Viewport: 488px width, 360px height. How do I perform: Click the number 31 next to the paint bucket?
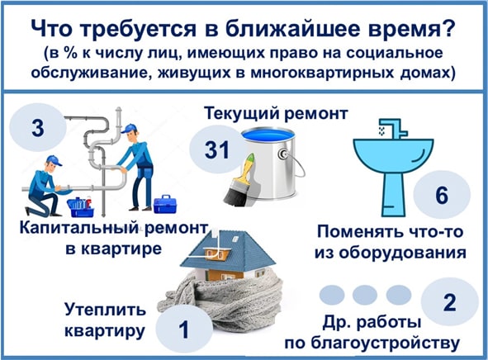pyautogui.click(x=217, y=149)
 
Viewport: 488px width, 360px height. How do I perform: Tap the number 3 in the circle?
pyautogui.click(x=38, y=128)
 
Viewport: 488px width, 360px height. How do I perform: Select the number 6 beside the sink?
pyautogui.click(x=442, y=195)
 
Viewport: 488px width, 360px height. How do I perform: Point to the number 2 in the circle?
pyautogui.click(x=450, y=302)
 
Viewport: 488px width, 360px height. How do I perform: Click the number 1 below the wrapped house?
pyautogui.click(x=184, y=329)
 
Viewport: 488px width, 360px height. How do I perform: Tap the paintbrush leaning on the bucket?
pyautogui.click(x=240, y=181)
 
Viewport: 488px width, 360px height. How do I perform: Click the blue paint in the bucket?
pyautogui.click(x=268, y=136)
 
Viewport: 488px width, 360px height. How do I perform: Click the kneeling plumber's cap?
pyautogui.click(x=54, y=160)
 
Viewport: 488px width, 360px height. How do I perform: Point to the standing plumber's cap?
pyautogui.click(x=129, y=128)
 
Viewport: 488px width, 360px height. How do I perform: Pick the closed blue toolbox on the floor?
pyautogui.click(x=165, y=205)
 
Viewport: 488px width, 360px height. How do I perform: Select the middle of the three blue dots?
pyautogui.click(x=365, y=295)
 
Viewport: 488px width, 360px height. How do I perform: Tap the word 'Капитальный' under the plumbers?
pyautogui.click(x=78, y=229)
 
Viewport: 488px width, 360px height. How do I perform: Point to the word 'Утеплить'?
pyautogui.click(x=105, y=310)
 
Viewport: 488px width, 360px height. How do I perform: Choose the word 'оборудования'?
pyautogui.click(x=402, y=253)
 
